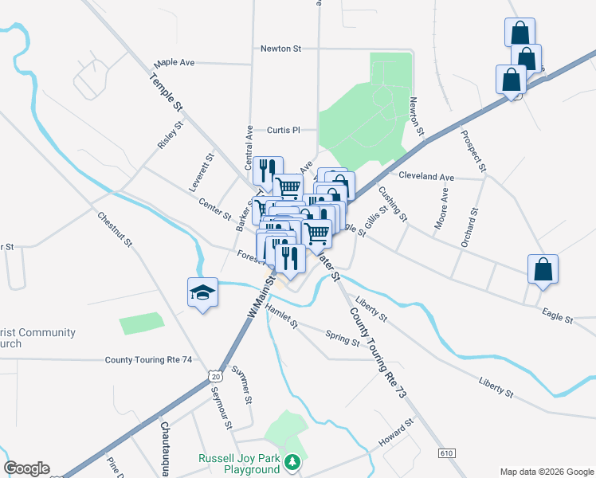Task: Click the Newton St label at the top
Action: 280,49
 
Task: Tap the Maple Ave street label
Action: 175,62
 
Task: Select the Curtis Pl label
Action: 283,130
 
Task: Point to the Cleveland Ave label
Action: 426,176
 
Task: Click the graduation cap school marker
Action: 202,293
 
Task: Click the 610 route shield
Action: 446,453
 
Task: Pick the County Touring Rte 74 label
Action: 149,360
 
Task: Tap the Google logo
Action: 27,468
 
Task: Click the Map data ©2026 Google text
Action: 546,470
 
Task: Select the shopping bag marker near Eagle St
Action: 543,269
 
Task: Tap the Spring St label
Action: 343,339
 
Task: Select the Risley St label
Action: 170,135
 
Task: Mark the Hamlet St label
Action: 281,316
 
